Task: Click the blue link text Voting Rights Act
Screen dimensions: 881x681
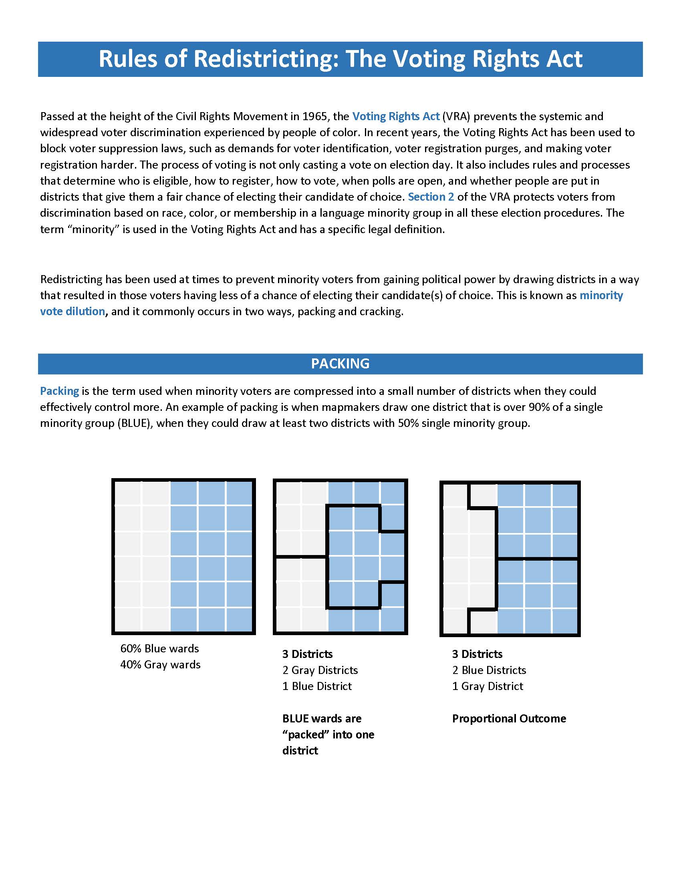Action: pyautogui.click(x=395, y=116)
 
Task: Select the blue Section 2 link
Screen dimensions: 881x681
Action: pyautogui.click(x=431, y=197)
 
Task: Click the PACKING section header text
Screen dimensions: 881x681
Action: pyautogui.click(x=340, y=364)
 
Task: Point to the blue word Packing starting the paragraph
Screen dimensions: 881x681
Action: pyautogui.click(x=59, y=391)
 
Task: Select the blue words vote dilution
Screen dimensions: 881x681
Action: pyautogui.click(x=73, y=312)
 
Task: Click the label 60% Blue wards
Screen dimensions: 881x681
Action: pyautogui.click(x=159, y=648)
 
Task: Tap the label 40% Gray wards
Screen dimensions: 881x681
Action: pyautogui.click(x=160, y=664)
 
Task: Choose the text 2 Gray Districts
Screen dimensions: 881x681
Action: pyautogui.click(x=320, y=670)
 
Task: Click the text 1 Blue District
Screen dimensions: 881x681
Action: pyautogui.click(x=317, y=686)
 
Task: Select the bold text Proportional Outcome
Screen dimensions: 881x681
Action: pyautogui.click(x=509, y=718)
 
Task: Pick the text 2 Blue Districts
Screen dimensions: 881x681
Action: pyautogui.click(x=489, y=670)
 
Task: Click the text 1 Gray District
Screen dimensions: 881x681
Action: pyautogui.click(x=488, y=686)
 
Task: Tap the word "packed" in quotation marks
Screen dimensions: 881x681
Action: pyautogui.click(x=306, y=734)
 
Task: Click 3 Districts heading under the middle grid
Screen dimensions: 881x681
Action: pyautogui.click(x=307, y=654)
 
